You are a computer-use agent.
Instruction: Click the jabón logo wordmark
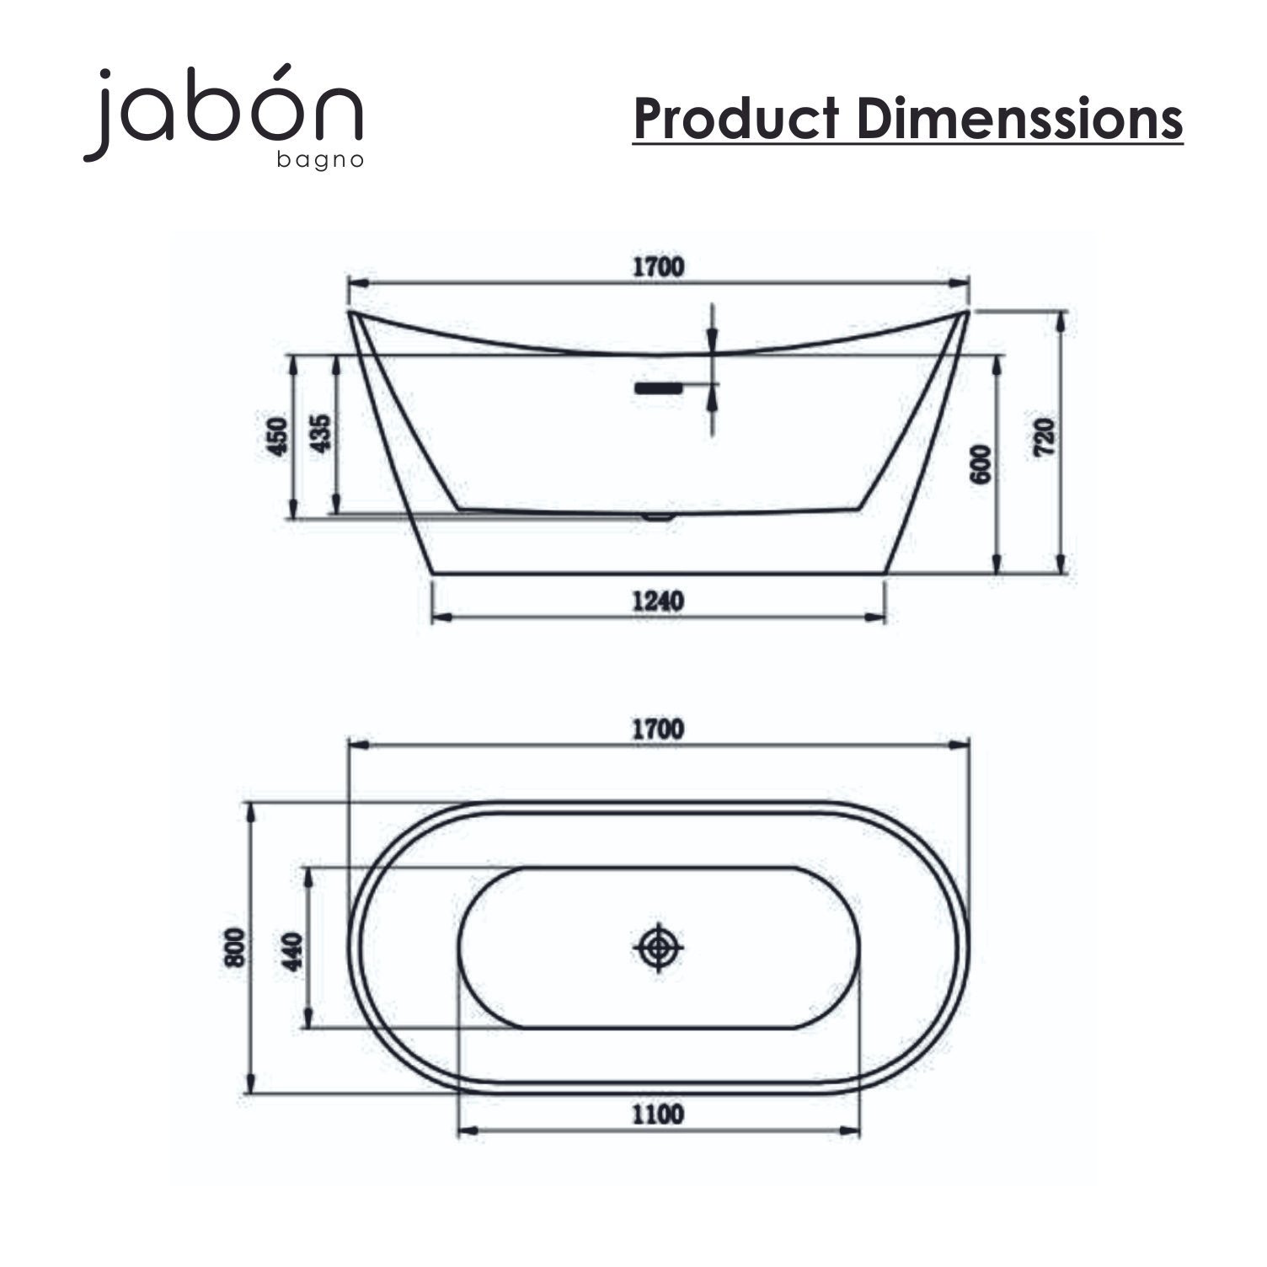tap(223, 110)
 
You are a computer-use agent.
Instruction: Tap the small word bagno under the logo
tap(320, 160)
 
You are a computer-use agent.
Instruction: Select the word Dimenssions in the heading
tap(1020, 119)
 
